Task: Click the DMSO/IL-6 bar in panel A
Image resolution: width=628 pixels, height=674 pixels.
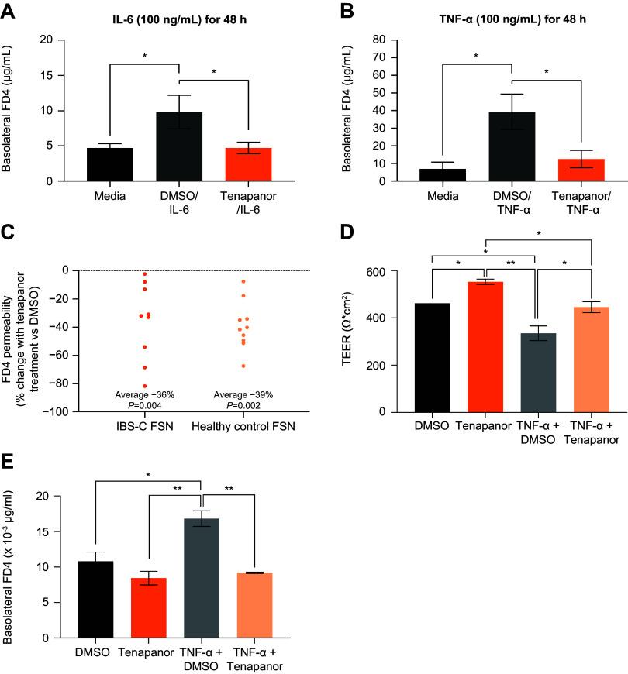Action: pos(181,147)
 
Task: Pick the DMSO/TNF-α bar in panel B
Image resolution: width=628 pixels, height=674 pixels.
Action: pos(512,146)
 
